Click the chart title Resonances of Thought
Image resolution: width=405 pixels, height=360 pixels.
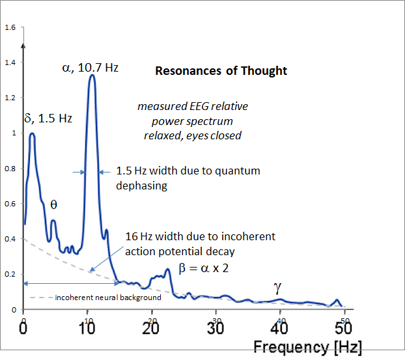tap(221, 70)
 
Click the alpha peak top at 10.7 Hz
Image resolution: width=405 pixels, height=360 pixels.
tap(92, 76)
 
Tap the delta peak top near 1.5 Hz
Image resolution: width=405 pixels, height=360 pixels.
tap(31, 134)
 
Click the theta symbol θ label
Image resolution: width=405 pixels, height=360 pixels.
tap(53, 204)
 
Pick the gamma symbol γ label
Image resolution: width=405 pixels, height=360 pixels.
tap(277, 288)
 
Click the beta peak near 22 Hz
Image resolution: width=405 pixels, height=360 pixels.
tap(167, 270)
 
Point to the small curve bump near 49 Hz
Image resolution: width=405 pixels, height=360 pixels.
tap(337, 300)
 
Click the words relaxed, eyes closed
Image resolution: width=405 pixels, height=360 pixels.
tap(192, 135)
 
